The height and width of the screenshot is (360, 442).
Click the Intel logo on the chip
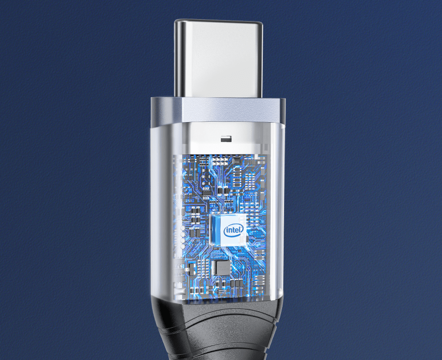(x=233, y=231)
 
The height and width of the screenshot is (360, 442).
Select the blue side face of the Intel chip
(x=215, y=229)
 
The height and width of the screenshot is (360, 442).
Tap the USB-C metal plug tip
(x=218, y=57)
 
